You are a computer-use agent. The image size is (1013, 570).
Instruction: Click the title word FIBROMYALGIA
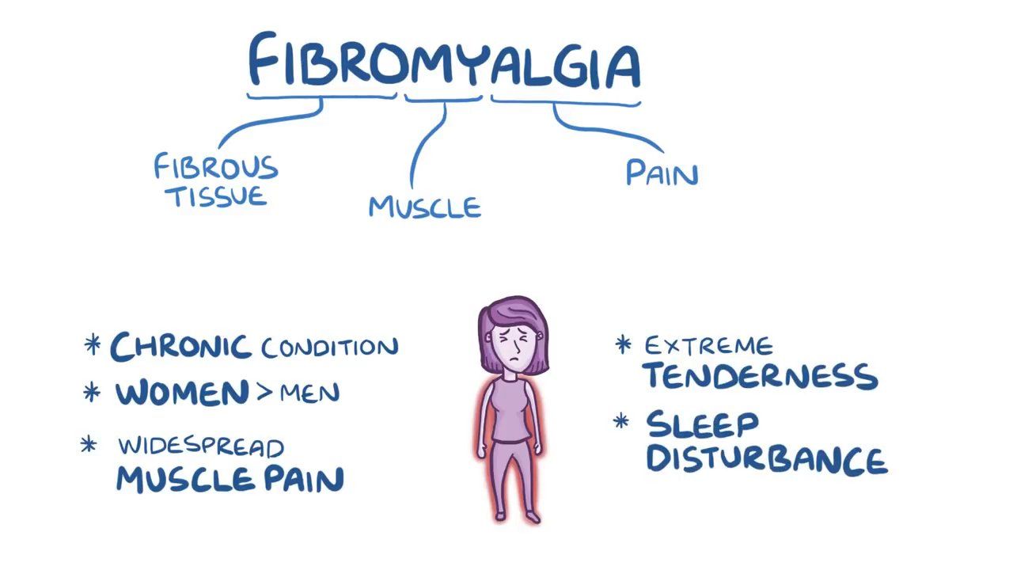click(x=445, y=59)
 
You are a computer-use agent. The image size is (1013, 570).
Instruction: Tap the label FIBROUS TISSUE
click(x=216, y=180)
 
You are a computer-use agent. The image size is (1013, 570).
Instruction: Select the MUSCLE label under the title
click(x=425, y=207)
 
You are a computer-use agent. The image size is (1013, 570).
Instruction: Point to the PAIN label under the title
click(x=662, y=173)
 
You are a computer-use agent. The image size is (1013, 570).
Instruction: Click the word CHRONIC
click(x=180, y=348)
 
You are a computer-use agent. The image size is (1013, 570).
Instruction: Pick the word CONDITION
click(x=330, y=348)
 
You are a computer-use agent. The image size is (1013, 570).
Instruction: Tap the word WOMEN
click(x=182, y=393)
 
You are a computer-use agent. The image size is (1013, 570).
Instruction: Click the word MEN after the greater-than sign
click(x=309, y=393)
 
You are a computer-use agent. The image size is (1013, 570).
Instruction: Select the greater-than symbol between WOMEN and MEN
click(x=264, y=392)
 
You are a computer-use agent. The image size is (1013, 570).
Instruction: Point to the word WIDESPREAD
click(x=201, y=446)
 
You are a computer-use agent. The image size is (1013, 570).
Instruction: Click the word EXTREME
click(x=708, y=346)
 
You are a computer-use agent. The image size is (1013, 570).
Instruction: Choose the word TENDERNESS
click(x=761, y=376)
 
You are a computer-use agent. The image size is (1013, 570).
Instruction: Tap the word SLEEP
click(x=702, y=424)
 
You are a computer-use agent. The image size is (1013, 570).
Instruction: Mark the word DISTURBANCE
click(x=767, y=460)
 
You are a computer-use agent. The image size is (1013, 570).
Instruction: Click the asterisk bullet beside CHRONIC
click(x=93, y=344)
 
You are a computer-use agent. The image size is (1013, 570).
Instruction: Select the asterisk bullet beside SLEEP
click(x=621, y=421)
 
